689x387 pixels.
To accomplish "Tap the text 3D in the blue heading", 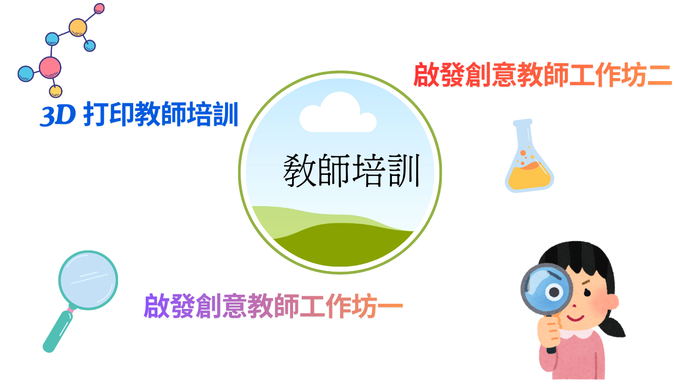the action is (58, 115).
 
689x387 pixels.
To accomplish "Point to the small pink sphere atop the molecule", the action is (99, 8).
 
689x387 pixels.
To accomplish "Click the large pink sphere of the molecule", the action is (50, 68).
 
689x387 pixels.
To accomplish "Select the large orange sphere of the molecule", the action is (78, 27).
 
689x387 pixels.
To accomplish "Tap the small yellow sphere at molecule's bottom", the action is (55, 91).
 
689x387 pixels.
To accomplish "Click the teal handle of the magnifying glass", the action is (58, 332).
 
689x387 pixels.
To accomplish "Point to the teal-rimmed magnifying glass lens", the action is (88, 280).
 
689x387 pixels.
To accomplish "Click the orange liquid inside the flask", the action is (529, 176).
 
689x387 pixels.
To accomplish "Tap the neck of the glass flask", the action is (524, 135).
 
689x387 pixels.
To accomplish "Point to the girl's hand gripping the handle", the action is (550, 333).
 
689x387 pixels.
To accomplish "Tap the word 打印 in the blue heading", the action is (108, 114).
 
